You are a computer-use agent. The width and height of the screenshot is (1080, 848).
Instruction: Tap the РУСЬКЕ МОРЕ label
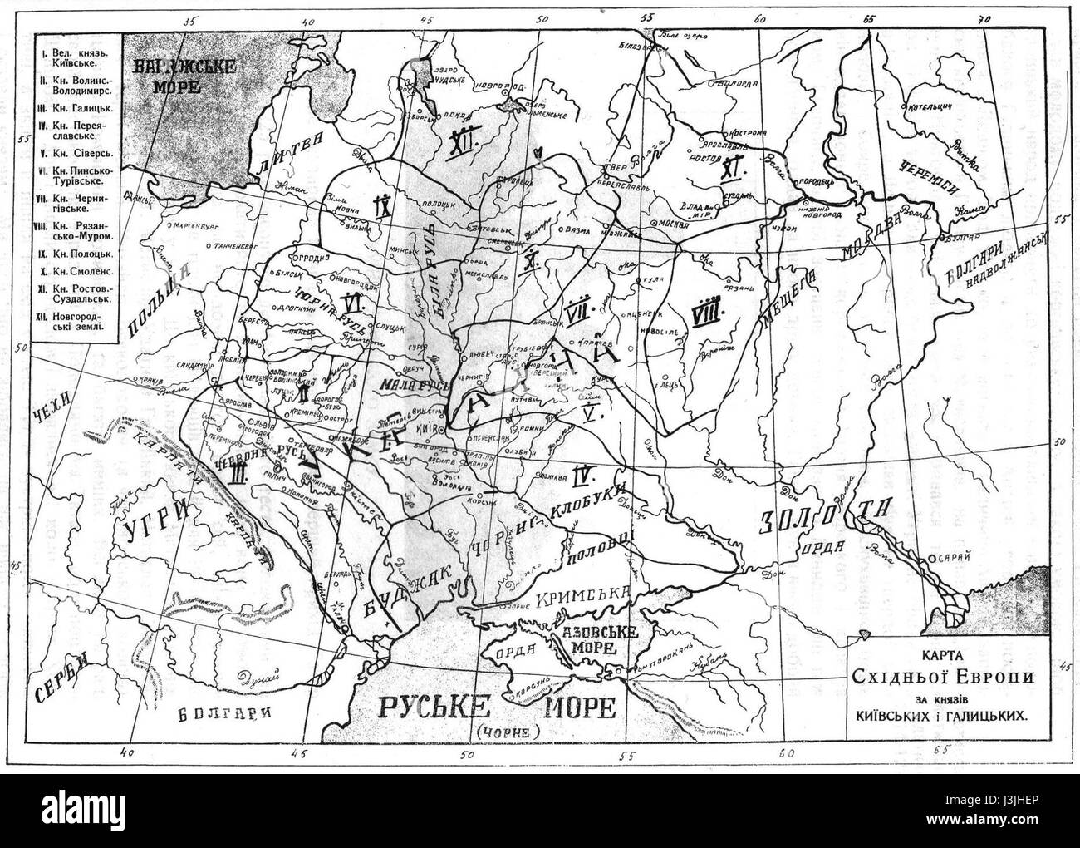497,708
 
